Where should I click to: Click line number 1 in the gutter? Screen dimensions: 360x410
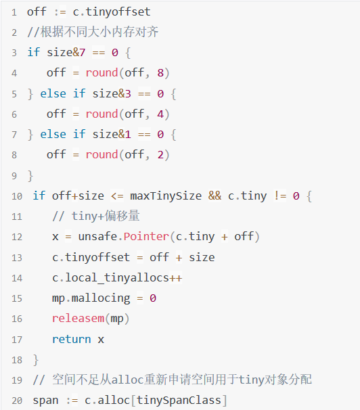click(x=14, y=12)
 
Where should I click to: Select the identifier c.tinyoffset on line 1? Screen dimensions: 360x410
click(x=112, y=12)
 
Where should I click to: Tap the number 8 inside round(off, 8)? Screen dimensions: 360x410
click(x=160, y=72)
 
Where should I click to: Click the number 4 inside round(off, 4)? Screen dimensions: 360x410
click(x=160, y=114)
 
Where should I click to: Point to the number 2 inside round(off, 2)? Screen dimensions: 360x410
click(x=160, y=155)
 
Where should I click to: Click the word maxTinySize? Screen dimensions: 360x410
click(x=166, y=196)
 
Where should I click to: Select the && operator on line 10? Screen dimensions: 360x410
click(x=215, y=196)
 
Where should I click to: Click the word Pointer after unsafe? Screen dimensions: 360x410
click(x=146, y=236)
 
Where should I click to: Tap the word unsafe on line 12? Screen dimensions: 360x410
click(x=97, y=236)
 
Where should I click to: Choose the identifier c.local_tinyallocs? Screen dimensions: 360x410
click(x=110, y=277)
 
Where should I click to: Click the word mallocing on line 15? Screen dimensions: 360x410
click(x=101, y=298)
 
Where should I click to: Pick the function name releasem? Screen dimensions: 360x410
click(x=78, y=319)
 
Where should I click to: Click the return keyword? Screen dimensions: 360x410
click(x=71, y=340)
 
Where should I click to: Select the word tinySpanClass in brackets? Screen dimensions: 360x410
click(x=179, y=401)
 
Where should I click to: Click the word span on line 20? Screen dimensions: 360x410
click(x=45, y=401)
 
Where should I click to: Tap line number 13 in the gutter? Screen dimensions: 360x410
click(x=17, y=258)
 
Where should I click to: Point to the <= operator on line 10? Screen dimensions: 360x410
click(x=117, y=196)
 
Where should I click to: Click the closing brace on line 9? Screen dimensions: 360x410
click(x=30, y=175)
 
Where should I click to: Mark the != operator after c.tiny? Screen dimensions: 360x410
click(x=280, y=196)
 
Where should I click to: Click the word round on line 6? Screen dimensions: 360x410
click(x=102, y=114)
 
